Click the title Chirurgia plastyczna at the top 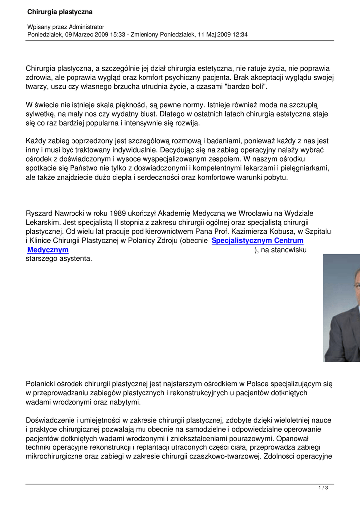pos(60,11)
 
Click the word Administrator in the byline pos(87,26)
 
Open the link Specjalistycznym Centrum pos(257,241)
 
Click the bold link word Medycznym pos(48,250)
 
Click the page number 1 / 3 pos(323,488)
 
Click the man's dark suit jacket pos(345,337)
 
